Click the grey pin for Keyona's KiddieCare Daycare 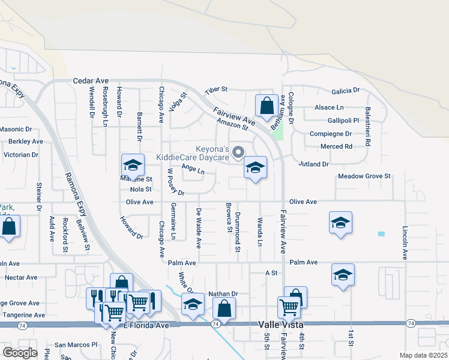238,153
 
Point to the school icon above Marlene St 133,165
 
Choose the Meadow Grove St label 364,176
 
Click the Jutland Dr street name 314,164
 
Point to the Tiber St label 216,89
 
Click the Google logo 19,353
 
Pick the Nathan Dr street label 223,294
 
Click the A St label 271,272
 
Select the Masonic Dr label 16,129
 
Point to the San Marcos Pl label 76,345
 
